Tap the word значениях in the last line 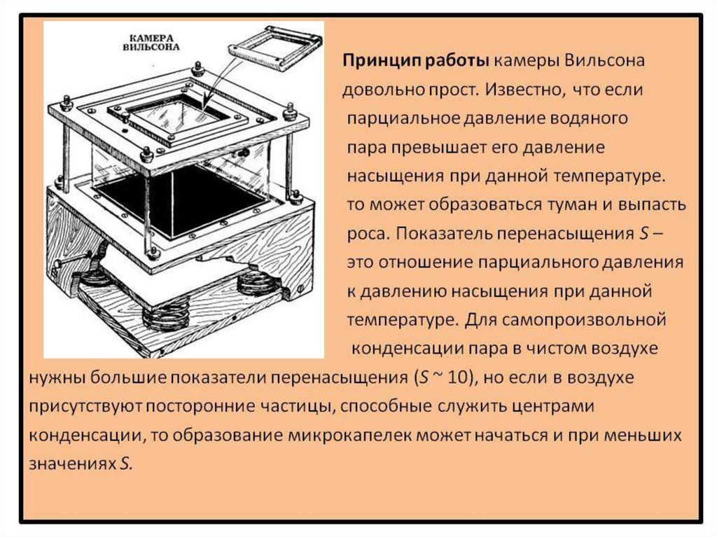(x=69, y=463)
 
